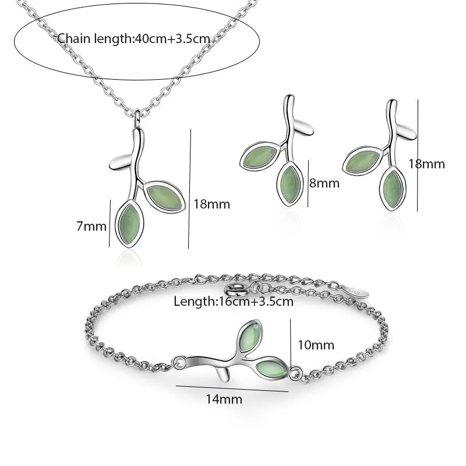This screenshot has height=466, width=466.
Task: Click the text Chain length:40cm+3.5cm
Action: click(133, 39)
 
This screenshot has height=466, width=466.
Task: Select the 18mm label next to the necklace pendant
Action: click(211, 204)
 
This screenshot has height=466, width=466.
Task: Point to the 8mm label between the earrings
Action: click(324, 183)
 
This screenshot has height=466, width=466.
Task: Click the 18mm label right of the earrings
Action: click(426, 164)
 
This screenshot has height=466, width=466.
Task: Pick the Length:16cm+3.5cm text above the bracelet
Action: click(234, 301)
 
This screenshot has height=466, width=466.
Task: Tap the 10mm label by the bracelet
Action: click(316, 345)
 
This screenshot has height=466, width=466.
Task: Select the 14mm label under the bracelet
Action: click(224, 399)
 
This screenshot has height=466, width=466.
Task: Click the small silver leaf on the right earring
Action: click(407, 132)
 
